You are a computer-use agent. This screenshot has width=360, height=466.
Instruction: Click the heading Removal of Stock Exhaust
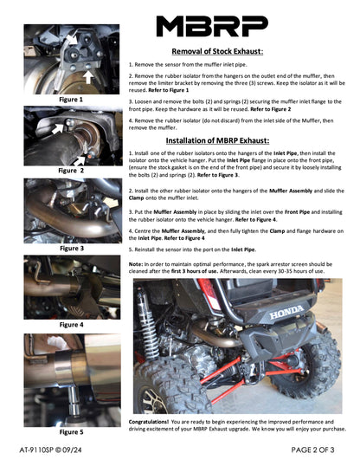tap(229, 52)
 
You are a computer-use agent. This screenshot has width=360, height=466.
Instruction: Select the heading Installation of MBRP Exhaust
tap(229, 140)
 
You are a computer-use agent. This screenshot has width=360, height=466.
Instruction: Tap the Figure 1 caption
tap(71, 100)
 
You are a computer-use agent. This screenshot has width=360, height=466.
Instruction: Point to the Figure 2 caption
tap(71, 171)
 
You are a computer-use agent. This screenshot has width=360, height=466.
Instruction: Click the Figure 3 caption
tap(71, 248)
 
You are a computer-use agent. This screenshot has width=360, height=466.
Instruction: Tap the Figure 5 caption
tap(71, 430)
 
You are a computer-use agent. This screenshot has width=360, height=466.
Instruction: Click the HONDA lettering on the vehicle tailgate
tap(285, 310)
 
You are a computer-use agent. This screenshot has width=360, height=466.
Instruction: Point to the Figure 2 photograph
tap(71, 134)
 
